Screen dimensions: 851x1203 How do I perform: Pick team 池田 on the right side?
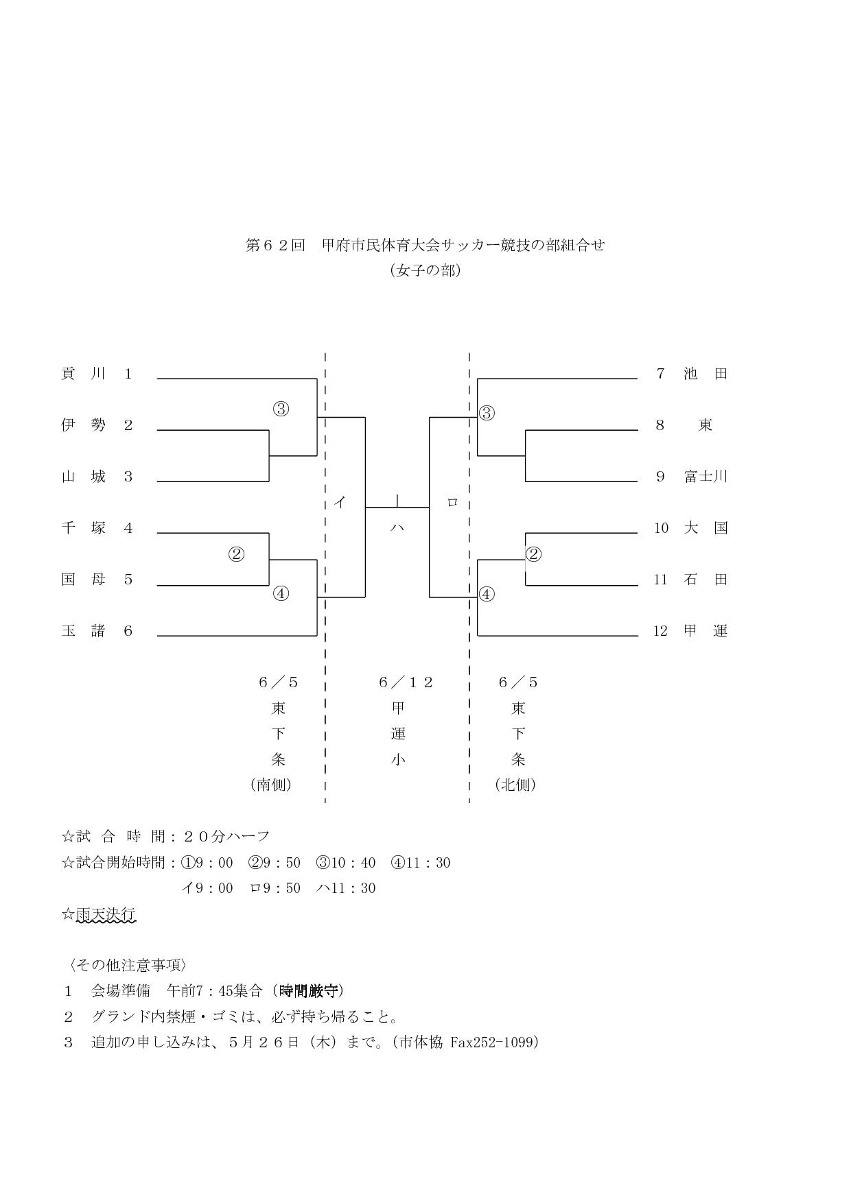pos(706,374)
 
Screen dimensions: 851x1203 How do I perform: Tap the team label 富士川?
pos(706,477)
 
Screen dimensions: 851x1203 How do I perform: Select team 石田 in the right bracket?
pos(706,580)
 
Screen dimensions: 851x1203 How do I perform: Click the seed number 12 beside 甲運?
pos(660,631)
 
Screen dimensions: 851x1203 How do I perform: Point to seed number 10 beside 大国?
pos(661,528)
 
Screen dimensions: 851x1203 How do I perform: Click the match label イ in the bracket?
pos(339,503)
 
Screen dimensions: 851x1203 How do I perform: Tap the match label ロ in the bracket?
pos(452,503)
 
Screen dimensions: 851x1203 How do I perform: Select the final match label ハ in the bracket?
pos(397,528)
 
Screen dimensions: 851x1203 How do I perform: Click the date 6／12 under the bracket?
pos(406,682)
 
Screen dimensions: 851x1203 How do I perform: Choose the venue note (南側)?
pos(272,785)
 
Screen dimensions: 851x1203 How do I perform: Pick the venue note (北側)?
pos(515,785)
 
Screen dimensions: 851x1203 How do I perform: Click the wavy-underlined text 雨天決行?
pos(106,914)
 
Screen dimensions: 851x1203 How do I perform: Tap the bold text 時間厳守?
pos(309,991)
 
